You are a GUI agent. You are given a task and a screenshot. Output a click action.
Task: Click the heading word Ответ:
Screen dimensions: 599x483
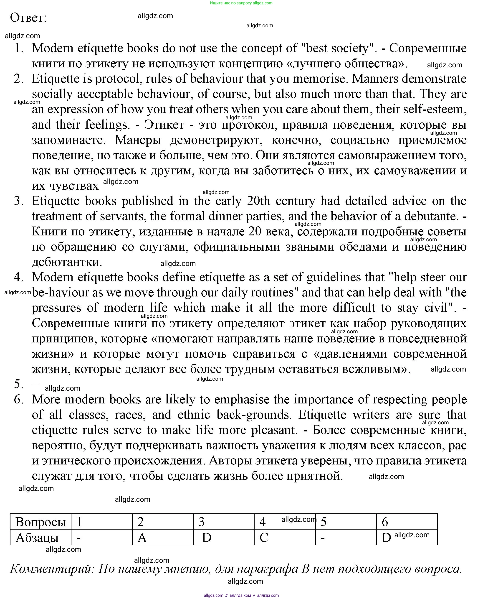(28, 18)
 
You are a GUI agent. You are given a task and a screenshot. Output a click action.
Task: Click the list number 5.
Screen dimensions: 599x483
(18, 384)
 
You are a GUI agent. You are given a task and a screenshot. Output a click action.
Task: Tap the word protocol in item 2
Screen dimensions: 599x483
(117, 79)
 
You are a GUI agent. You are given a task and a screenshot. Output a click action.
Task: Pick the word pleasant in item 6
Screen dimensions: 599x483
(274, 430)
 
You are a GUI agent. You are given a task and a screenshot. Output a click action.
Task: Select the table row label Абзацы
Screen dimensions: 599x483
(37, 538)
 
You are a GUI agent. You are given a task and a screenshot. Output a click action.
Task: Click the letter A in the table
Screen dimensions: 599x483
(142, 538)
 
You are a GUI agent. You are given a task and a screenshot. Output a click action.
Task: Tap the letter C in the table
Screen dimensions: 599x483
(264, 538)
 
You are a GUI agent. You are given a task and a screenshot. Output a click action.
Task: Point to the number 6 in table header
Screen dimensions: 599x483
(385, 522)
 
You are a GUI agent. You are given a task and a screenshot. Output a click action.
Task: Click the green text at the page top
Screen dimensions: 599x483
(241, 3)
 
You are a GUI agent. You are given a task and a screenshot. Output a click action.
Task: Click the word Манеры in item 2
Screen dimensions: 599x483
(138, 140)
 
